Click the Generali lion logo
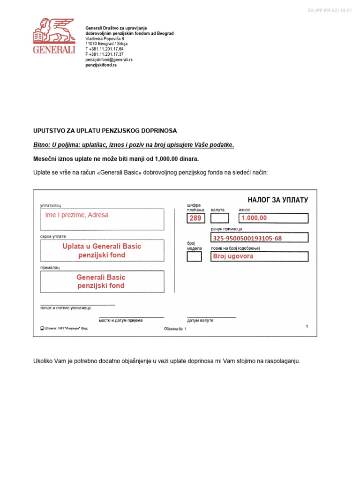pyautogui.click(x=54, y=36)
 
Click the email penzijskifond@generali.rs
pyautogui.click(x=109, y=60)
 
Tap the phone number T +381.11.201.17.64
pyautogui.click(x=104, y=49)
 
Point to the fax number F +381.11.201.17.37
pyautogui.click(x=104, y=54)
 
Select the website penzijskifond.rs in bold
pyautogui.click(x=101, y=65)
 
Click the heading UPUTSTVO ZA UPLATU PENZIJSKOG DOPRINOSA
pyautogui.click(x=105, y=130)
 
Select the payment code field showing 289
pyautogui.click(x=195, y=218)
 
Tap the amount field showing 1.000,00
pyautogui.click(x=273, y=218)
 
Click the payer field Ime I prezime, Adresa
pyautogui.click(x=102, y=219)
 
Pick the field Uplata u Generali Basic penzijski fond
pyautogui.click(x=102, y=251)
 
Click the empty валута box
pyautogui.click(x=220, y=218)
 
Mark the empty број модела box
pyautogui.click(x=195, y=256)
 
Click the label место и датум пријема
pyautogui.click(x=120, y=320)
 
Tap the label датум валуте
pyautogui.click(x=200, y=320)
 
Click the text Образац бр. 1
pyautogui.click(x=175, y=329)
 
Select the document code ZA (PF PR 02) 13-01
pyautogui.click(x=330, y=10)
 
